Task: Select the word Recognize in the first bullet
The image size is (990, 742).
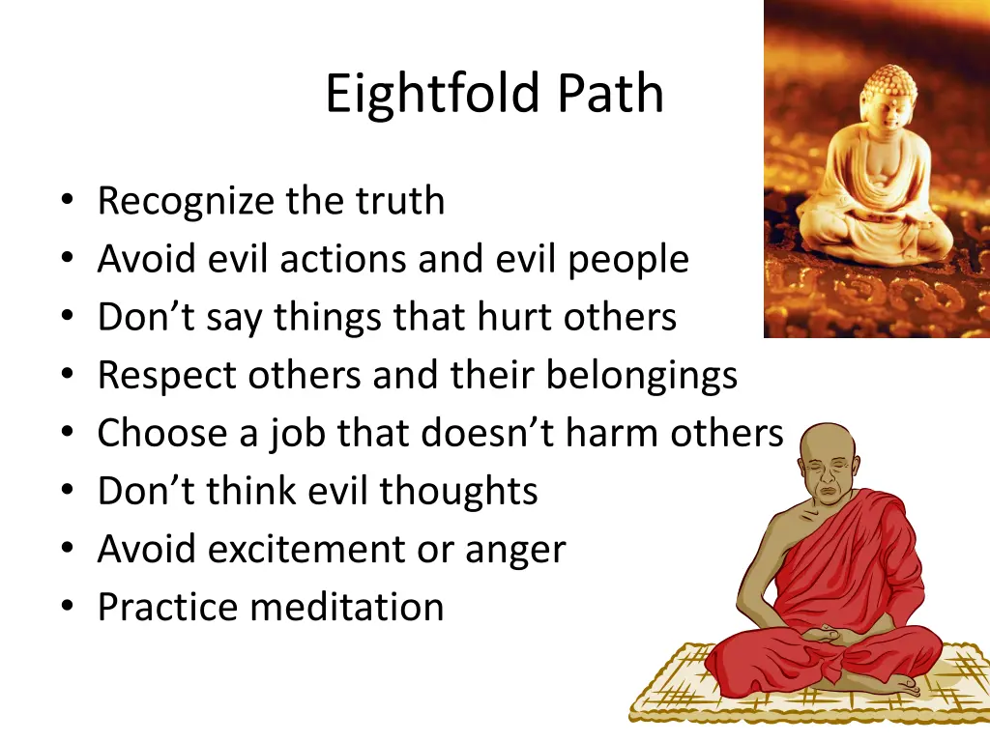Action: (x=187, y=202)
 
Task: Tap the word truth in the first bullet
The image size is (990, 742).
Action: (x=400, y=201)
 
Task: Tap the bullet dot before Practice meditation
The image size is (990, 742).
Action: (x=66, y=608)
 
